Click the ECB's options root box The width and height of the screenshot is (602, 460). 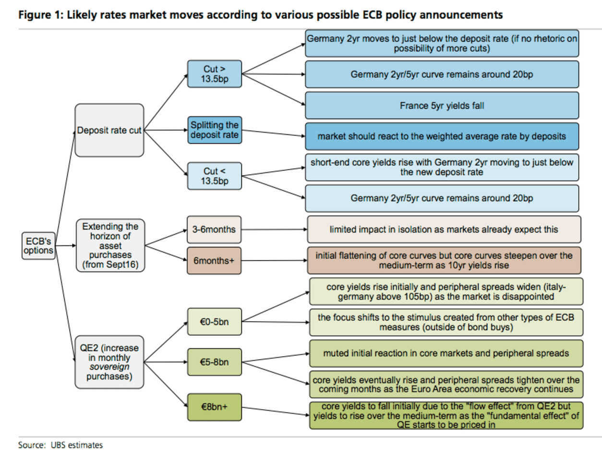[38, 246]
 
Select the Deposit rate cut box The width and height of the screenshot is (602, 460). [109, 130]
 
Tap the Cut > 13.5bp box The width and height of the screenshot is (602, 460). [214, 74]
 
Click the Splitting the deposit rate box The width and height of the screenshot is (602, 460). [214, 130]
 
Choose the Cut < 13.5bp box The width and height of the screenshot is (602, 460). [214, 176]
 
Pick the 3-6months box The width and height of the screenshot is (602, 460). [214, 230]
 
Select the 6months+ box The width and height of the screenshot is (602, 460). [214, 261]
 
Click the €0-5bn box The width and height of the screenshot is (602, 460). [214, 322]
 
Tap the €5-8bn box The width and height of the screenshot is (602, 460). [214, 362]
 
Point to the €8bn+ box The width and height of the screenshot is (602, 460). [214, 407]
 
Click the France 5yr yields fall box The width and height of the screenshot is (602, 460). [442, 106]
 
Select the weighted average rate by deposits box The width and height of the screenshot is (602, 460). [442, 136]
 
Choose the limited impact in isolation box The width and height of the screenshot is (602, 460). [444, 230]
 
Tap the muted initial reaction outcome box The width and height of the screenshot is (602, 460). [446, 353]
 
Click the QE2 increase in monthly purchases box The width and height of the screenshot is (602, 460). [109, 362]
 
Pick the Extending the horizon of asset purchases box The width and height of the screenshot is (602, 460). [110, 246]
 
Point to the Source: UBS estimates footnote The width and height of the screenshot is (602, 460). [60, 445]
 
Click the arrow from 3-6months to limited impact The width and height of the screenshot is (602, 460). [274, 230]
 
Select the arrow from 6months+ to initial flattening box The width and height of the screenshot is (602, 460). [274, 261]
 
